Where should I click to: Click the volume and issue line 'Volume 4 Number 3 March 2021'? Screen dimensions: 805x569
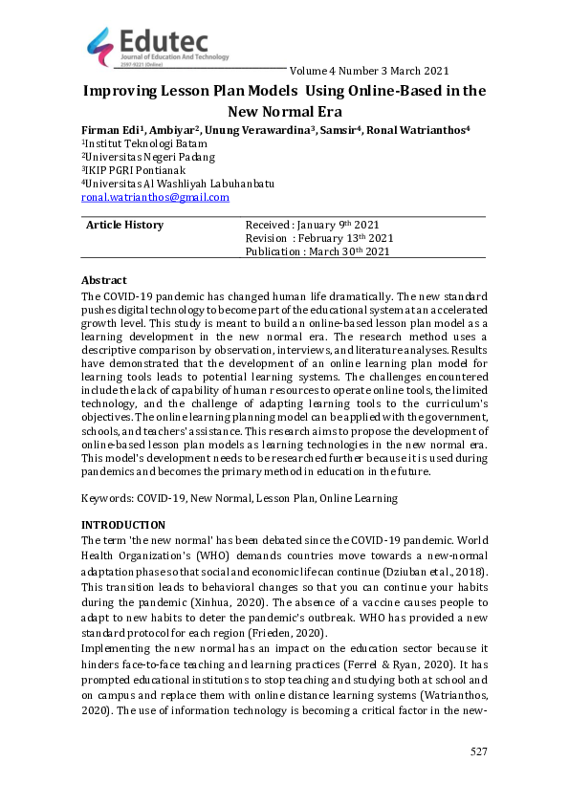(x=368, y=71)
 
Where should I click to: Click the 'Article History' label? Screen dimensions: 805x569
(x=124, y=225)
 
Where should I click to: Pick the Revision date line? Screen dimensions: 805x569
(x=318, y=238)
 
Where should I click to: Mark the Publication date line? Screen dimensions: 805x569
(x=317, y=251)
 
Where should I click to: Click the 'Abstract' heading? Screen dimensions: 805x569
(x=104, y=280)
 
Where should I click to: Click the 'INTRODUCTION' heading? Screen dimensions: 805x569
(x=123, y=526)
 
